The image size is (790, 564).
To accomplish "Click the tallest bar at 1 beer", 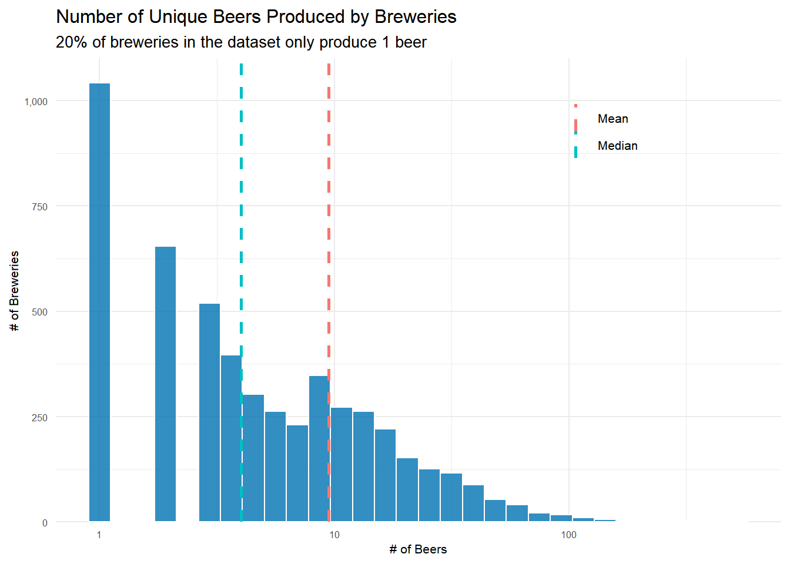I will tap(99, 302).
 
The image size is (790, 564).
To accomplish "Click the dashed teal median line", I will tap(241, 176).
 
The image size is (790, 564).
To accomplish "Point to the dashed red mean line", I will tap(329, 176).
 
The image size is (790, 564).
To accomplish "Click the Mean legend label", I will tap(612, 119).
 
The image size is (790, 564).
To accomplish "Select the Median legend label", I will tap(617, 146).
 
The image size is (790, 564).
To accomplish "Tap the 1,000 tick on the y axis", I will tap(36, 102).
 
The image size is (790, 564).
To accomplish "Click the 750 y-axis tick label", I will tap(40, 207).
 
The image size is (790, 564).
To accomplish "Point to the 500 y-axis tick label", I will tap(40, 312).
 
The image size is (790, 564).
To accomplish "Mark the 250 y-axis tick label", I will tap(40, 418).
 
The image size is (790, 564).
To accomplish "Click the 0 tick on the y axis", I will tap(45, 523).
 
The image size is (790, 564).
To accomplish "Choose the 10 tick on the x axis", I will tap(334, 535).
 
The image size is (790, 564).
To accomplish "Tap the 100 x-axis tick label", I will tap(568, 535).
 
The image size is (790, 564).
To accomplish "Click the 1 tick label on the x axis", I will tap(99, 535).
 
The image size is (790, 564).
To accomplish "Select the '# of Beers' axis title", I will tap(418, 549).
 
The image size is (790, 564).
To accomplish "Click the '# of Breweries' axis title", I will tap(15, 291).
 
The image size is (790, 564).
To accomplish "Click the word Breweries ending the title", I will tap(415, 16).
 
